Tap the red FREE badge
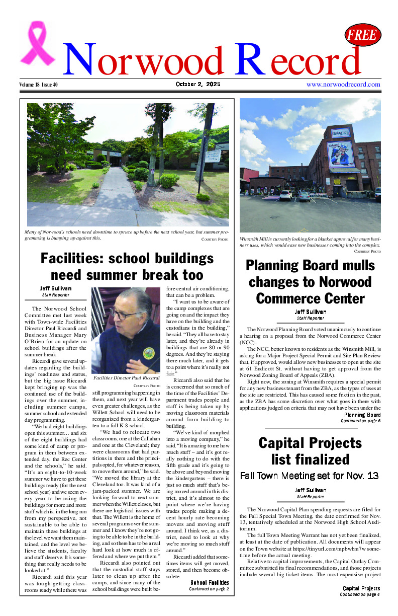pyautogui.click(x=363, y=35)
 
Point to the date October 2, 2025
pyautogui.click(x=198, y=84)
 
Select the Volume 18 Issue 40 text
pyautogui.click(x=39, y=85)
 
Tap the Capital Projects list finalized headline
pyautogui.click(x=310, y=451)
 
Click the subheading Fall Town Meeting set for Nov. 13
pyautogui.click(x=310, y=476)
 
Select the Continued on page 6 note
pyautogui.click(x=360, y=421)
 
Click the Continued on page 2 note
pyautogui.click(x=209, y=588)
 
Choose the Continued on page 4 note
pyautogui.click(x=360, y=594)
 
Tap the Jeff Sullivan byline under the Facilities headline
pyautogui.click(x=56, y=288)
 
